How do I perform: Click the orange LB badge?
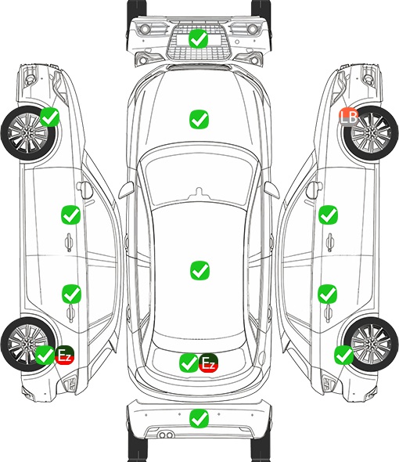click(x=348, y=117)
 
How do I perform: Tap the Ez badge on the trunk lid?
click(x=208, y=363)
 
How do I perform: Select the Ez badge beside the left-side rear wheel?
click(x=64, y=355)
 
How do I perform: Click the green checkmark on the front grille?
click(x=199, y=38)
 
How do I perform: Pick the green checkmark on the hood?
click(x=199, y=119)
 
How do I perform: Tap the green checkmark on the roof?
click(x=200, y=270)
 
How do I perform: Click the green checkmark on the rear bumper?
click(x=199, y=418)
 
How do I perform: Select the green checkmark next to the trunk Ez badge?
click(x=189, y=363)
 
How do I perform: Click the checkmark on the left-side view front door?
click(x=70, y=215)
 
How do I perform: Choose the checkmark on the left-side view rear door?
click(x=71, y=294)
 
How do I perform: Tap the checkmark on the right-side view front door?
click(x=328, y=215)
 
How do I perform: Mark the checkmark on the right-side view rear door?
click(x=328, y=294)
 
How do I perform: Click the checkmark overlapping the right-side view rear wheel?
click(x=343, y=355)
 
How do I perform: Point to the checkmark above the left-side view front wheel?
click(x=49, y=117)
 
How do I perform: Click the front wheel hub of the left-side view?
click(x=27, y=133)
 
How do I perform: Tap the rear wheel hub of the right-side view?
click(x=370, y=344)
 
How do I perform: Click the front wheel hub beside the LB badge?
click(x=371, y=133)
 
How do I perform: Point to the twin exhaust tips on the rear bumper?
click(x=166, y=435)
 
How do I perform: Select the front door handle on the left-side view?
click(x=69, y=242)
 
